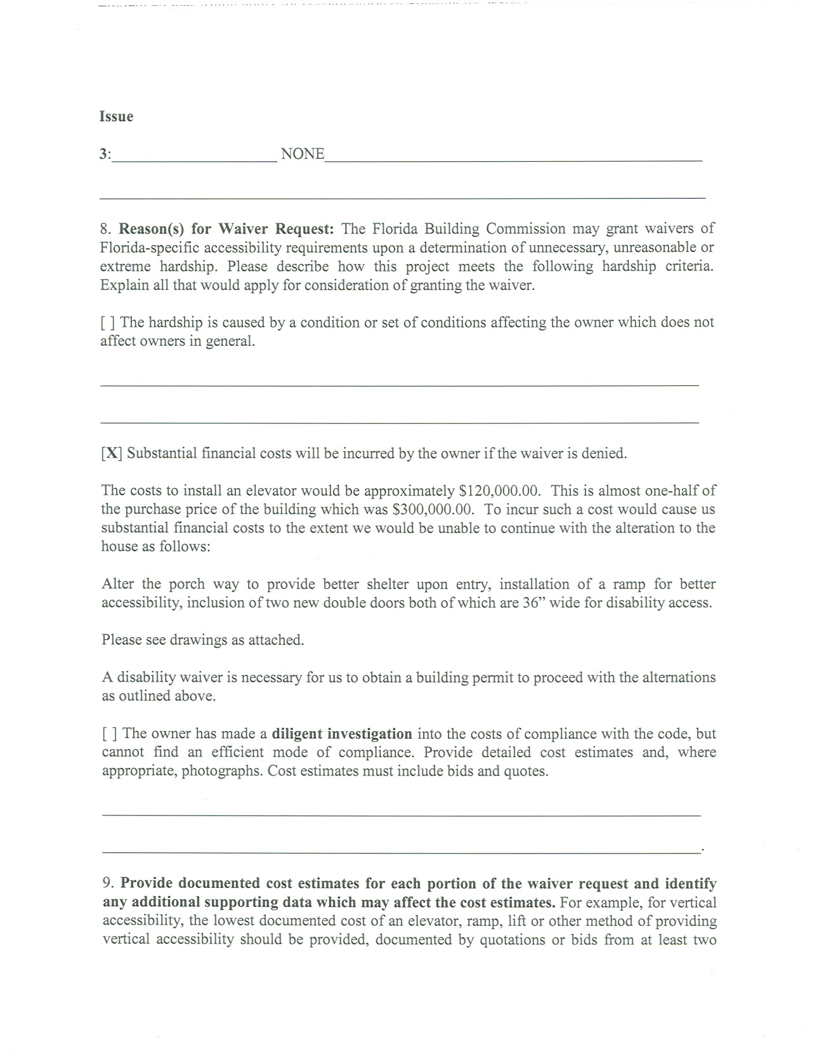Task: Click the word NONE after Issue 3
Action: pos(302,154)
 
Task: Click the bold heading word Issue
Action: pos(116,117)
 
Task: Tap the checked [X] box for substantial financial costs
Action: pos(112,454)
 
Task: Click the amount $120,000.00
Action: pos(499,491)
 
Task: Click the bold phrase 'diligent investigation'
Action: pos(342,734)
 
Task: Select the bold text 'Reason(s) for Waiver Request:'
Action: pos(226,229)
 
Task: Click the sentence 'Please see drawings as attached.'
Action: pos(203,640)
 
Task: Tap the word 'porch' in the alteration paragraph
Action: pos(186,584)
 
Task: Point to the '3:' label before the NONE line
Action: pos(105,154)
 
